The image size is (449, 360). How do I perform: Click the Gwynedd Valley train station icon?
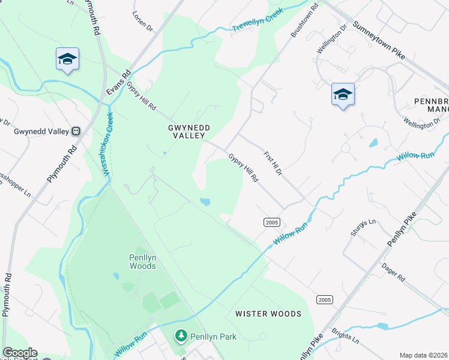[x=76, y=131]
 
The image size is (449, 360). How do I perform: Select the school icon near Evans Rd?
[x=67, y=59]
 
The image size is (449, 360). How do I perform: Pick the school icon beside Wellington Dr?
[x=343, y=94]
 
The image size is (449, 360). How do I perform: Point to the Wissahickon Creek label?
[x=108, y=145]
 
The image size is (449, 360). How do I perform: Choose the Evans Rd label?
[x=126, y=81]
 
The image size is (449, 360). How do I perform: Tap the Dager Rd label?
[x=393, y=274]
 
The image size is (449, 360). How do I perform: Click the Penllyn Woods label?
[x=143, y=262]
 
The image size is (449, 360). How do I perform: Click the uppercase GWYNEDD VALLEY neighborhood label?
[x=190, y=132]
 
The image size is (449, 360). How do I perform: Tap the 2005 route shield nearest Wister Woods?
[x=324, y=299]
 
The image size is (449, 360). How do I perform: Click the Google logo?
[x=19, y=353]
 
